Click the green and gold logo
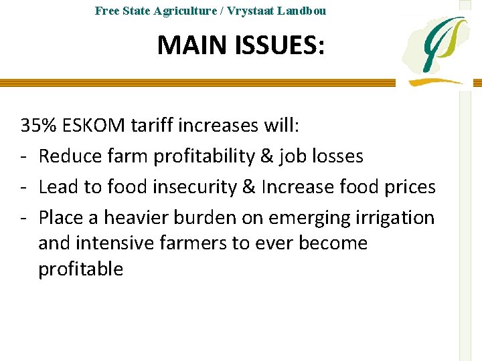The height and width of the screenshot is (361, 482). coord(435,50)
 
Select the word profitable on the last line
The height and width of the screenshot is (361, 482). coord(81,269)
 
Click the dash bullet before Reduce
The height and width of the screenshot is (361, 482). coord(24,157)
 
